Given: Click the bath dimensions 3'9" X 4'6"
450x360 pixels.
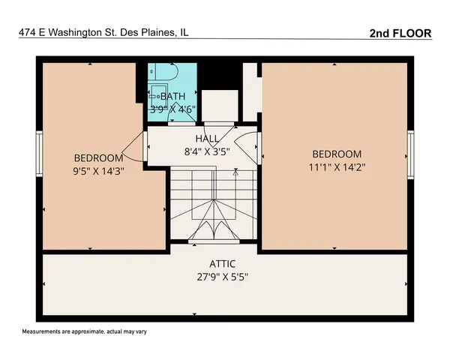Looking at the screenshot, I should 172,108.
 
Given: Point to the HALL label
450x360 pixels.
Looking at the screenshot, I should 207,139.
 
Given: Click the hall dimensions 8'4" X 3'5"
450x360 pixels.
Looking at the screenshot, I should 207,151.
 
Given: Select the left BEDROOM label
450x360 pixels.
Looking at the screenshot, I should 98,157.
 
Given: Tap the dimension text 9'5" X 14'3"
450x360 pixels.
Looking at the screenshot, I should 98,170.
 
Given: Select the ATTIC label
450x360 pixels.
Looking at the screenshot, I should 223,263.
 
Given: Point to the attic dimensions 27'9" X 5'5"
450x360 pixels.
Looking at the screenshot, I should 223,276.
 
